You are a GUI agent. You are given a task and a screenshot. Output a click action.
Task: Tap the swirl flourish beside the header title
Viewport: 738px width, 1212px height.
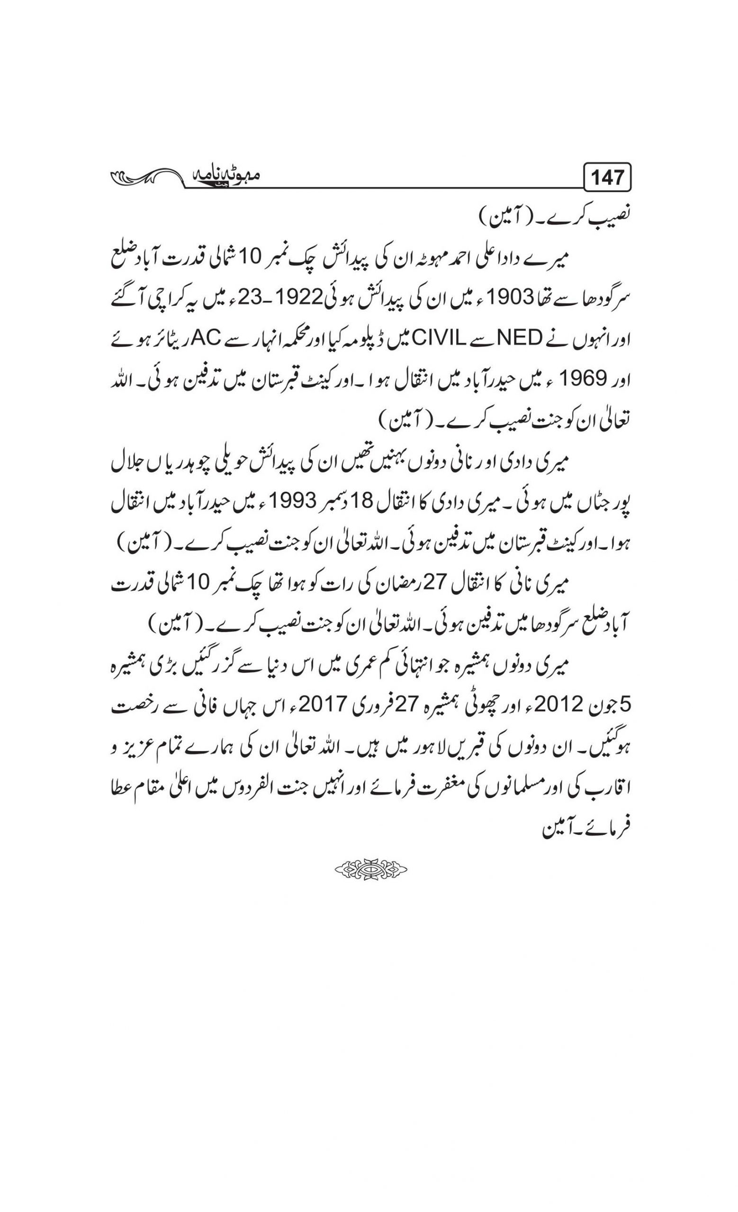pos(148,176)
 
